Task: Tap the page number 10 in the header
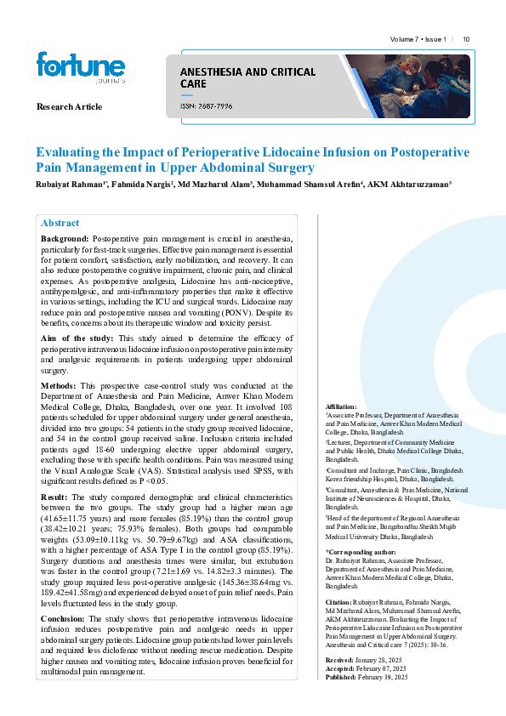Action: coord(467,39)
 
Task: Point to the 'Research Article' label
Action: coord(69,107)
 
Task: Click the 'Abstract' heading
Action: coord(60,222)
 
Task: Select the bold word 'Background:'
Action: coord(65,240)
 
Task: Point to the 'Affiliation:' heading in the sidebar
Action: coord(341,406)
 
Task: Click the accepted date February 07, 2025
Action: coord(384,668)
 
